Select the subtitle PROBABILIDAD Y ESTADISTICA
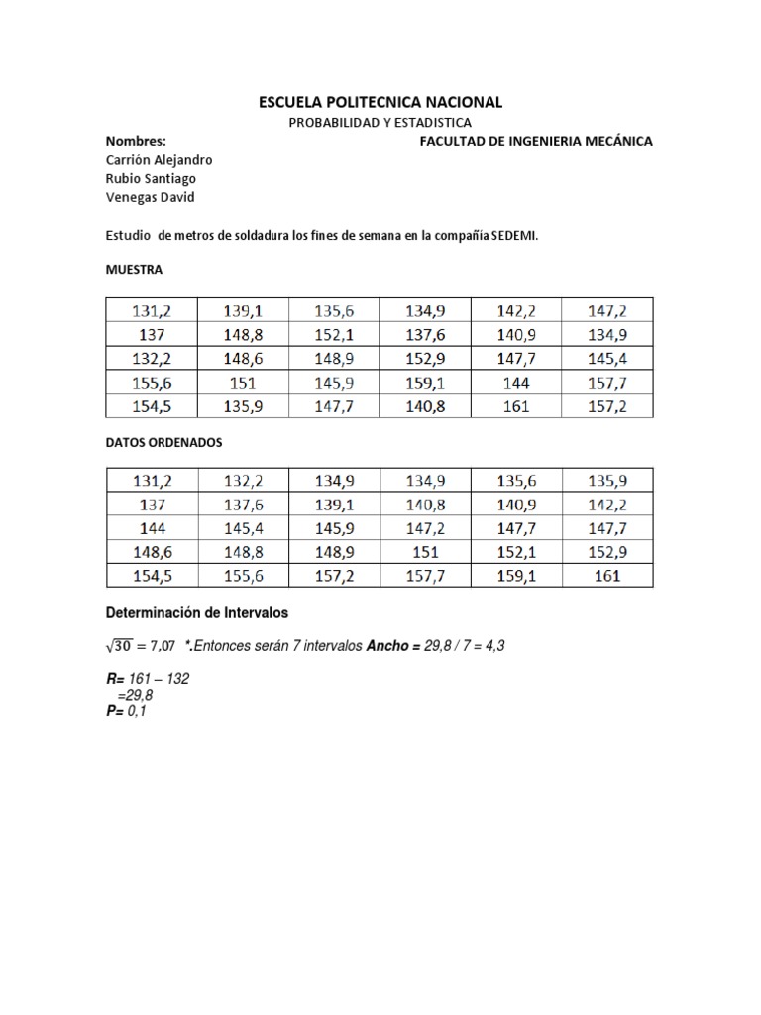(x=380, y=122)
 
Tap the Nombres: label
(x=135, y=141)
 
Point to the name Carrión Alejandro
(x=159, y=160)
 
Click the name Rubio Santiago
(x=151, y=178)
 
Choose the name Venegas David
(x=150, y=197)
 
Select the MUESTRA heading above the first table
(x=133, y=270)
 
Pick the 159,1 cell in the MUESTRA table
(x=425, y=382)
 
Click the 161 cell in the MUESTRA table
(x=516, y=406)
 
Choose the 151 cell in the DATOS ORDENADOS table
(x=425, y=552)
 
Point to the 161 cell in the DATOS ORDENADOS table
(x=606, y=576)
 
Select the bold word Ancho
(x=390, y=646)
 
